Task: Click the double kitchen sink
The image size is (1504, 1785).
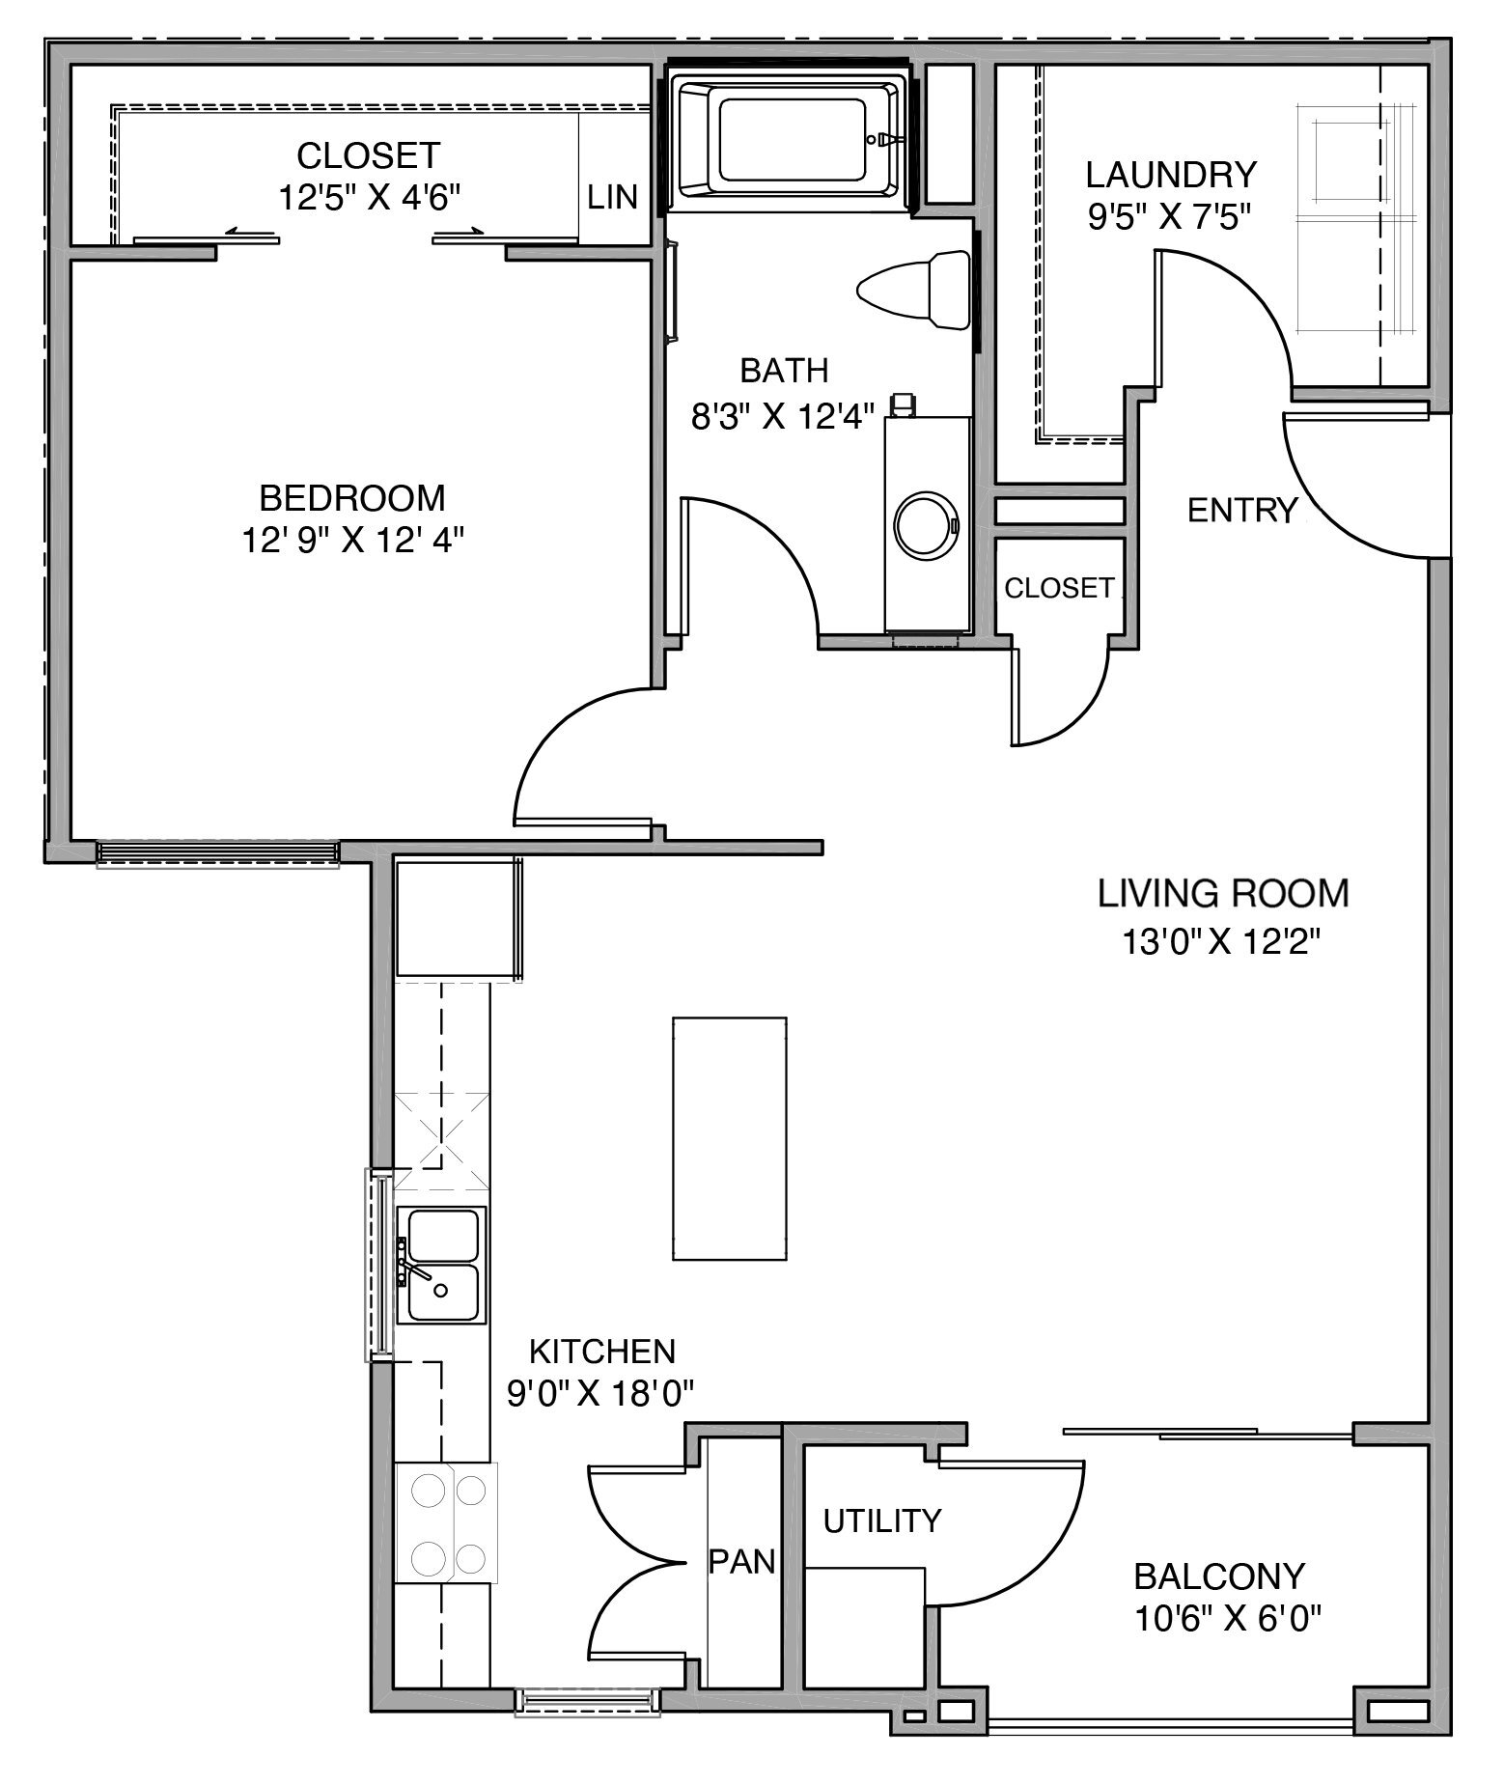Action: pos(442,1266)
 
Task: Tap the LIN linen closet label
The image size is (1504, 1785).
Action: pos(613,197)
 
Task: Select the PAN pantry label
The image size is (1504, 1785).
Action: pos(742,1561)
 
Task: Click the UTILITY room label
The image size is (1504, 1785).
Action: pos(881,1521)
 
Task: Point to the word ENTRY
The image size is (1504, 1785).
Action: pos(1242,510)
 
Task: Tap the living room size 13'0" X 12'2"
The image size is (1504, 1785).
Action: pos(1220,940)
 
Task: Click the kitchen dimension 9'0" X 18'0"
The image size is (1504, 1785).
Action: pos(601,1391)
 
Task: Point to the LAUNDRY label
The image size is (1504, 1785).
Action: pos(1171,175)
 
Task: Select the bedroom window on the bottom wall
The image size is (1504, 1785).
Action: pos(218,851)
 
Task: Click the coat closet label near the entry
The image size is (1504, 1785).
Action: pos(1059,588)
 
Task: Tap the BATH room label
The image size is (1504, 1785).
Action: pos(784,370)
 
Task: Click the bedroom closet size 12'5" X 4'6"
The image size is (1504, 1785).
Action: pos(368,198)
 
